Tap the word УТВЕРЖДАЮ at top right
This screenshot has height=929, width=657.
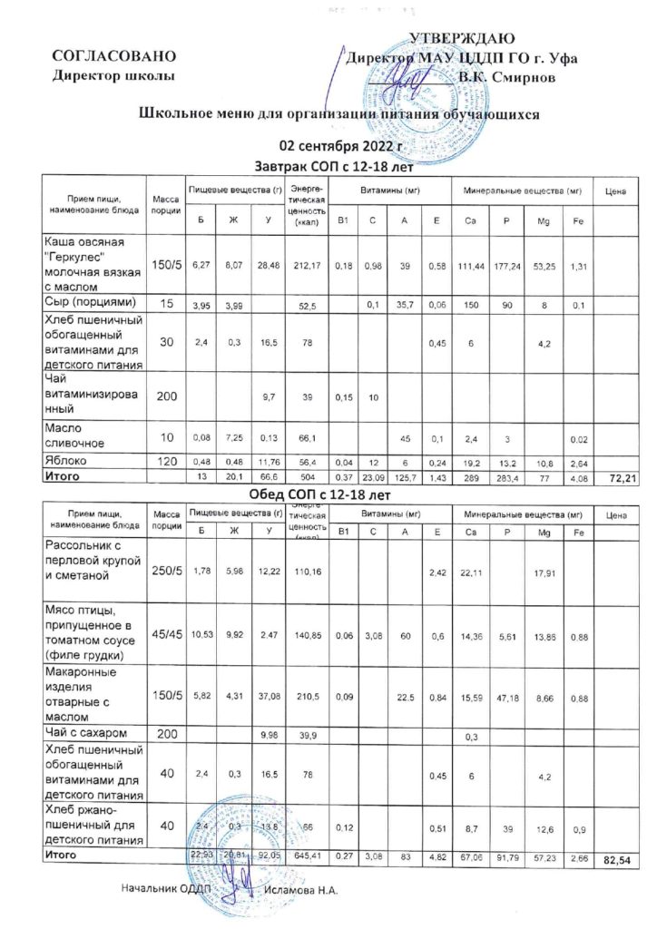click(x=463, y=38)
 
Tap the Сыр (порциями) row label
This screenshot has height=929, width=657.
click(x=90, y=300)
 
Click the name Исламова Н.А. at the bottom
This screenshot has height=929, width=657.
click(x=300, y=892)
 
